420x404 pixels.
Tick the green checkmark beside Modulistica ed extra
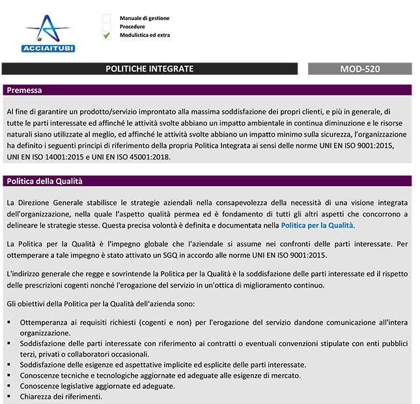pyautogui.click(x=107, y=35)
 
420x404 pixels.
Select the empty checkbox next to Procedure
pyautogui.click(x=107, y=27)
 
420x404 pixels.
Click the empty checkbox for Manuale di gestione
pyautogui.click(x=107, y=18)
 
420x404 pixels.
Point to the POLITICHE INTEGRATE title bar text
pyautogui.click(x=149, y=69)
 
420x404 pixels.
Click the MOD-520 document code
pyautogui.click(x=359, y=69)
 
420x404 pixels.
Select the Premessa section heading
pyautogui.click(x=24, y=90)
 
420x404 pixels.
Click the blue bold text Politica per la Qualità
pyautogui.click(x=316, y=225)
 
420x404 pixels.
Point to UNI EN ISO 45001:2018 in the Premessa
pyautogui.click(x=137, y=157)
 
